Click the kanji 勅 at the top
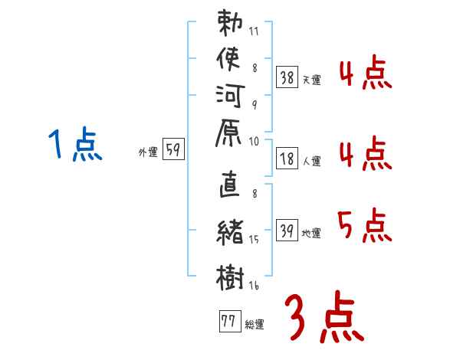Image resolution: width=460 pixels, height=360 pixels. tap(230, 23)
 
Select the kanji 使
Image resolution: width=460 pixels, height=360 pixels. tap(228, 59)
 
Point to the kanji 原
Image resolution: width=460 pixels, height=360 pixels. tap(228, 133)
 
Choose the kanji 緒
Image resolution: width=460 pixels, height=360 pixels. tap(230, 232)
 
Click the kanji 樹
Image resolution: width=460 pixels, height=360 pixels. tap(230, 277)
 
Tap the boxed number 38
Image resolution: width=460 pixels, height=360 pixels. tap(287, 77)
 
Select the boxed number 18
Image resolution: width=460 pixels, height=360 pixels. tap(287, 159)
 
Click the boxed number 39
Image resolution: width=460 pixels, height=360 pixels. tap(287, 230)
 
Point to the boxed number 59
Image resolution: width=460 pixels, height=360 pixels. tap(173, 149)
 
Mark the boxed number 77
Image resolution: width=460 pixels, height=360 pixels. tap(230, 321)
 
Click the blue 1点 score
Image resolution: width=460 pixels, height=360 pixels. tap(75, 144)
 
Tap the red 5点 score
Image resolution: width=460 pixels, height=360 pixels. tap(365, 225)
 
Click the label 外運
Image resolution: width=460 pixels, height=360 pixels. tap(148, 152)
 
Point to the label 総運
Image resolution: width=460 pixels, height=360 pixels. tap(255, 325)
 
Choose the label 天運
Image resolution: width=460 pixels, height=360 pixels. tap(311, 80)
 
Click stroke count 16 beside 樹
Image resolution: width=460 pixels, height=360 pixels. tap(254, 285)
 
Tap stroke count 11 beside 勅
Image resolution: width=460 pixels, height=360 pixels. tap(254, 31)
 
